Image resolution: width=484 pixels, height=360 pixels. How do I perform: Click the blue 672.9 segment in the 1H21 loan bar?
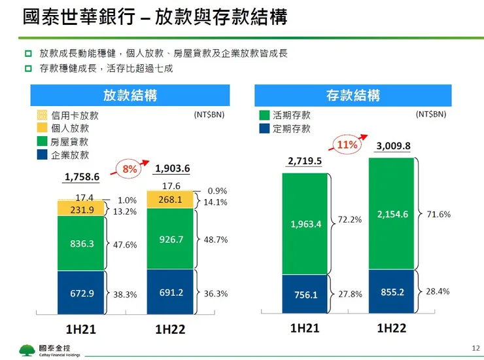pyautogui.click(x=82, y=294)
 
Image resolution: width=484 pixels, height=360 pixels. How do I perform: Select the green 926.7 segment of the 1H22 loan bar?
pyautogui.click(x=170, y=240)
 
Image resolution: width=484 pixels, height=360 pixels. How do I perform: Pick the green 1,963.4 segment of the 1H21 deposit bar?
pyautogui.click(x=305, y=224)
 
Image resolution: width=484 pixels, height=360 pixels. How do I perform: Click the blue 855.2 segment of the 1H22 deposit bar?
pyautogui.click(x=392, y=291)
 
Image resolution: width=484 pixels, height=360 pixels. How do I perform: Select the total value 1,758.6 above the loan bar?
pyautogui.click(x=82, y=177)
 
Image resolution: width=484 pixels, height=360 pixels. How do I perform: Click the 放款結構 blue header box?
pyautogui.click(x=130, y=96)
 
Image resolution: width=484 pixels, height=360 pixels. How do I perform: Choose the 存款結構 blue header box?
pyautogui.click(x=353, y=96)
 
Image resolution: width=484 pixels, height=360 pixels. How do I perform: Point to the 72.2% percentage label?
pyautogui.click(x=349, y=220)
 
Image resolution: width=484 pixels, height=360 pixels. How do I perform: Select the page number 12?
pyautogui.click(x=475, y=348)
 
